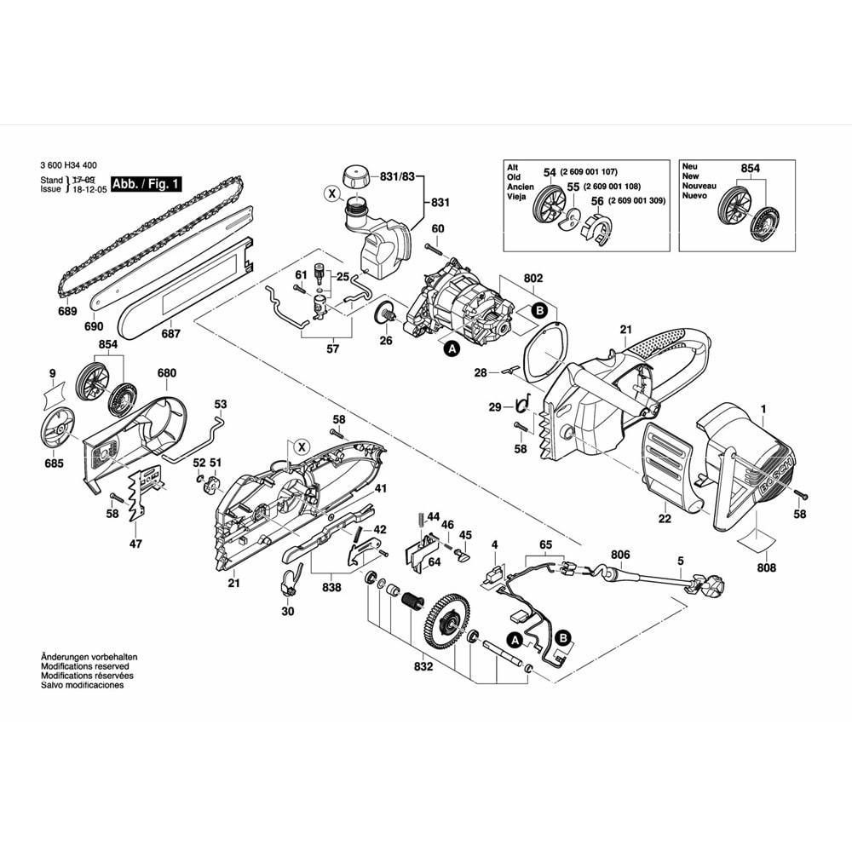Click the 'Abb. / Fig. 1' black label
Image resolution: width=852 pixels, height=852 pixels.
point(147,183)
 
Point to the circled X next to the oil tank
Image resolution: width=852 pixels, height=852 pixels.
point(331,194)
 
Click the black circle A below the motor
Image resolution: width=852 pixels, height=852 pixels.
point(450,347)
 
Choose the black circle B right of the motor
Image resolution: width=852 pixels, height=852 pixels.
point(538,312)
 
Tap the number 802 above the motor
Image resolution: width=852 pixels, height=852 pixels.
point(533,278)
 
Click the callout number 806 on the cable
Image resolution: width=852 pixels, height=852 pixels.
point(620,555)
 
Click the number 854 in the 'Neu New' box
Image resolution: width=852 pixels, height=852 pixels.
point(750,169)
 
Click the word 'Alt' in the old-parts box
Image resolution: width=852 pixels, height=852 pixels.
point(513,168)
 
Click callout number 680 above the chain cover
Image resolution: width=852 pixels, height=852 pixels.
point(166,373)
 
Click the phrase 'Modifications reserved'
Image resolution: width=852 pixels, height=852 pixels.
point(88,666)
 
